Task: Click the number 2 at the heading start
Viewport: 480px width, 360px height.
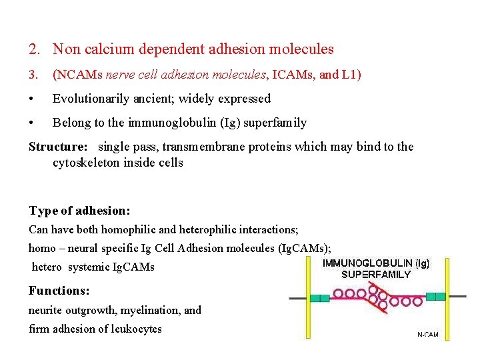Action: click(x=33, y=49)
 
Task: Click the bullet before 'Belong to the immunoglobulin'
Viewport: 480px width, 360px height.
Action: click(x=32, y=123)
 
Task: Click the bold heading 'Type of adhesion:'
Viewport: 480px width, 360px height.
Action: click(x=79, y=211)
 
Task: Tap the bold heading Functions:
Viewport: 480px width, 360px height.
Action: click(x=59, y=291)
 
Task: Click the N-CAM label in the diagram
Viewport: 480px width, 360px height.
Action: click(x=428, y=335)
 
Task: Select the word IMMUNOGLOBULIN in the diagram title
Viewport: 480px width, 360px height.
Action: click(x=367, y=263)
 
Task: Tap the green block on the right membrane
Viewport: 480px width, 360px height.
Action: click(x=436, y=296)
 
